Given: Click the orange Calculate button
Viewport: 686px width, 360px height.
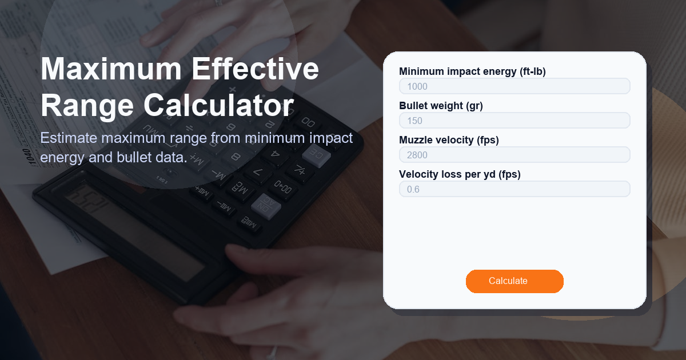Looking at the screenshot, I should click(514, 281).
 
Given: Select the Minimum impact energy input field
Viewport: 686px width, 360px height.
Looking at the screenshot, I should click(514, 86).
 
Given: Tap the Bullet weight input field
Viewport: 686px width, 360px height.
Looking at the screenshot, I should click(514, 121).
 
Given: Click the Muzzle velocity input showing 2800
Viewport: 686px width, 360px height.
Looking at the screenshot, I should click(514, 155).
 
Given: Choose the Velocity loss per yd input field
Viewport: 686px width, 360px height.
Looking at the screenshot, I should click(514, 189).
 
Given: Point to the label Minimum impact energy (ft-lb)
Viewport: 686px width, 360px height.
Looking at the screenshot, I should click(472, 71).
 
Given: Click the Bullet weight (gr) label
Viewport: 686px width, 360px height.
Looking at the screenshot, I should click(441, 106).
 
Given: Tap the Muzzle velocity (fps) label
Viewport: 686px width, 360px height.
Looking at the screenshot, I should click(449, 140).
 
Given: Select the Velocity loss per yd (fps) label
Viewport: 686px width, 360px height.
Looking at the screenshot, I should click(460, 174).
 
